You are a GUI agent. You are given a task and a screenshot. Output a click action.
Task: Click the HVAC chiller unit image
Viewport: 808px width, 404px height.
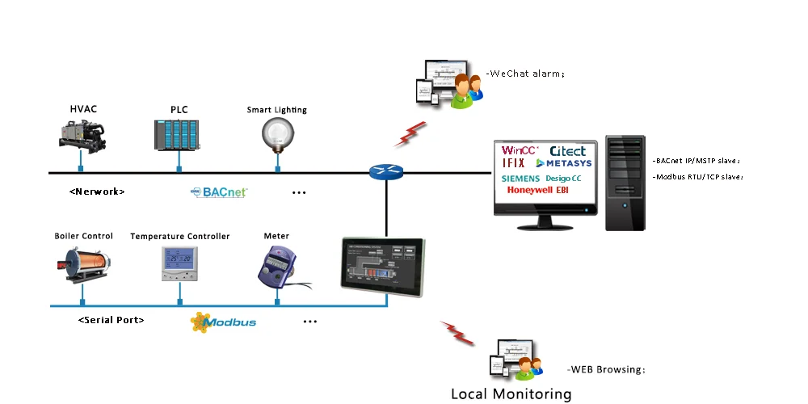pos(82,133)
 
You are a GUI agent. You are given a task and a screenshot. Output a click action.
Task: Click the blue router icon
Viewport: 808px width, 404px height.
pos(385,171)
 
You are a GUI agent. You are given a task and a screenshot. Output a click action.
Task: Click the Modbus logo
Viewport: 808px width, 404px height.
pos(223,322)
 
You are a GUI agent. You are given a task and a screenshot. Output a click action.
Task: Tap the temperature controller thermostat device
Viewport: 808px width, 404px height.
pos(179,263)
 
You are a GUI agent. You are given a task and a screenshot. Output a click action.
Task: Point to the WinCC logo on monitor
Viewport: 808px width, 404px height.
pos(520,150)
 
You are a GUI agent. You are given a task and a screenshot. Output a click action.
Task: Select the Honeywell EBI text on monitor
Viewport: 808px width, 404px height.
pos(538,191)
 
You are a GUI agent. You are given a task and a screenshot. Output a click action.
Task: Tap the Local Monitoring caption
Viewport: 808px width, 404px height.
pos(511,394)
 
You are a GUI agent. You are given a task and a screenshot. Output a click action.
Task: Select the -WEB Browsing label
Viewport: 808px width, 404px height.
pos(606,369)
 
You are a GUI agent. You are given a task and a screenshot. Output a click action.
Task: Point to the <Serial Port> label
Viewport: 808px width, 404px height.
pos(112,320)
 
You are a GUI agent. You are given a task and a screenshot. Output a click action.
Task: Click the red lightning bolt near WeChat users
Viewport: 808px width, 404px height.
pos(410,133)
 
